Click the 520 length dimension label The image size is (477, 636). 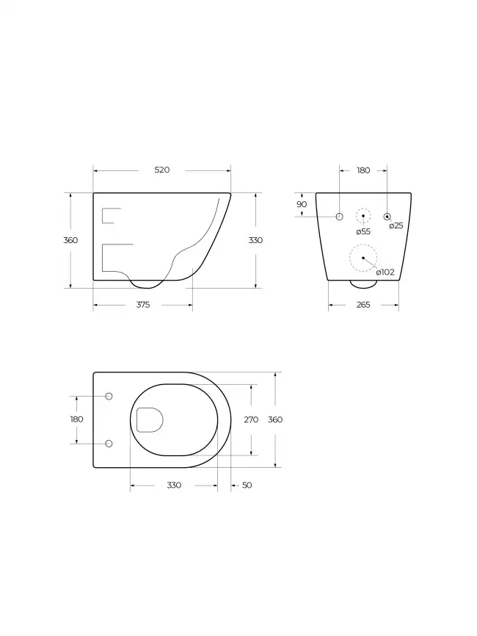(x=162, y=170)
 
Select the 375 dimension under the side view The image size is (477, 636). (x=142, y=305)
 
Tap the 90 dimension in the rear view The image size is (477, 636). (x=302, y=204)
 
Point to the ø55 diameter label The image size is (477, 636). (x=363, y=231)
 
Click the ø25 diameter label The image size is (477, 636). (x=396, y=225)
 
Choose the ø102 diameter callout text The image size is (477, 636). (x=385, y=272)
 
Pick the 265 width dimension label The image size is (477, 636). (x=363, y=305)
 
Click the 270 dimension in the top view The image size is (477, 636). (x=251, y=419)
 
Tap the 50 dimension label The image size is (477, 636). (x=247, y=485)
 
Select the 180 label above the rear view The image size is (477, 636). (x=363, y=170)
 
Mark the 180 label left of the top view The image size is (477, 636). (x=76, y=419)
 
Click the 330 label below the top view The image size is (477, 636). (x=174, y=485)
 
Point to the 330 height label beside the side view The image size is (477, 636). (x=255, y=240)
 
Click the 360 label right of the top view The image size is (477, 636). (x=274, y=419)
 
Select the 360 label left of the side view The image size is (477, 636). (x=70, y=240)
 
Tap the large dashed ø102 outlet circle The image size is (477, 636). (x=363, y=258)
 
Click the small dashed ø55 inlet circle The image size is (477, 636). (x=363, y=216)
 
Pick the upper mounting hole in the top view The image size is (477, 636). (x=109, y=397)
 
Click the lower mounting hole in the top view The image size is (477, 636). (x=109, y=444)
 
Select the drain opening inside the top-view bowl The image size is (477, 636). (x=149, y=420)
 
